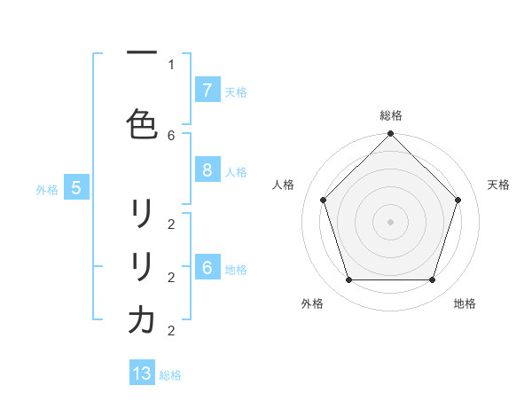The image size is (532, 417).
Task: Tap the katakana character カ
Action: click(142, 320)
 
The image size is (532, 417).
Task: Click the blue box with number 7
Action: click(207, 90)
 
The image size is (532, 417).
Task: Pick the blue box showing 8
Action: click(207, 171)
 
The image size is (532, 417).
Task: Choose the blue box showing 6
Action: click(207, 268)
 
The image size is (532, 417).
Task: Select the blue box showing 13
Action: click(142, 374)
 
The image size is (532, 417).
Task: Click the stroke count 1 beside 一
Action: click(171, 64)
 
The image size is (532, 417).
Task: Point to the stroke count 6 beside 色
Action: click(171, 135)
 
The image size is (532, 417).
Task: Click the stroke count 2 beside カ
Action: click(171, 331)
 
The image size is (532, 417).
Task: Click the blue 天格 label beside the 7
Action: click(236, 91)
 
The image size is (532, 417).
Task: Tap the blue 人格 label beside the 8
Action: click(236, 172)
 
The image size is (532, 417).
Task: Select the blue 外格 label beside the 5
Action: click(47, 189)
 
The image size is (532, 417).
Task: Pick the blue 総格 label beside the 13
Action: click(170, 375)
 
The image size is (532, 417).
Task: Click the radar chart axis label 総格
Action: click(391, 115)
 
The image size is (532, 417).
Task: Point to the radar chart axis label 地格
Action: click(465, 303)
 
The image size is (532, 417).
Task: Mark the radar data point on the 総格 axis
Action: click(390, 135)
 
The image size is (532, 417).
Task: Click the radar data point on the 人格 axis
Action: click(324, 200)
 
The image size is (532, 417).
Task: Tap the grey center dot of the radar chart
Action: click(390, 221)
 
